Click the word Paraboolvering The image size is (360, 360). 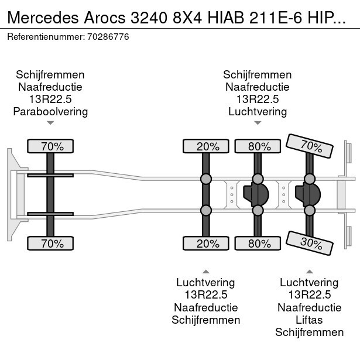coord(50,111)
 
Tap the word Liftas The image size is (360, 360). coord(310,320)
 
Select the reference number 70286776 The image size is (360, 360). coord(109,36)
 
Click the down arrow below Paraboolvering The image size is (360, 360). coord(50,123)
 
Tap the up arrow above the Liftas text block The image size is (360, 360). coord(310,271)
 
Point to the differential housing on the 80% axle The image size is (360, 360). coord(257,194)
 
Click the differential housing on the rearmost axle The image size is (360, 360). coord(308,194)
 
